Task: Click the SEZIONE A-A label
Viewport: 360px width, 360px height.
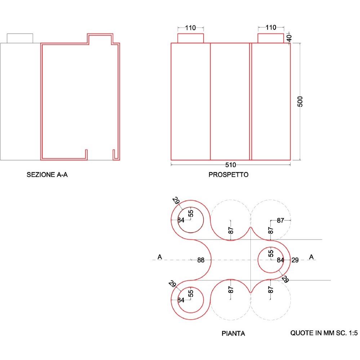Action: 47,175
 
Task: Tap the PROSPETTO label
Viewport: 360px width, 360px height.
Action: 228,175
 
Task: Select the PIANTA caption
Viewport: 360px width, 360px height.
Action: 233,333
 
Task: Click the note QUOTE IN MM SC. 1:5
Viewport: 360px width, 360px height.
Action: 324,333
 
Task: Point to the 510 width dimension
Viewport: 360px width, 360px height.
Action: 231,165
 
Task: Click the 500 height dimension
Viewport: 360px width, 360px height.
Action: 300,102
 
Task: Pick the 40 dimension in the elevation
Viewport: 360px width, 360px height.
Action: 289,38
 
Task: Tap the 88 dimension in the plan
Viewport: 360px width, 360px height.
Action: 201,260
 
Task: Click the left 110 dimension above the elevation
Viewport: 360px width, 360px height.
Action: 190,28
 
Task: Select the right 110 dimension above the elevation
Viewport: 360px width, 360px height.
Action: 271,28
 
